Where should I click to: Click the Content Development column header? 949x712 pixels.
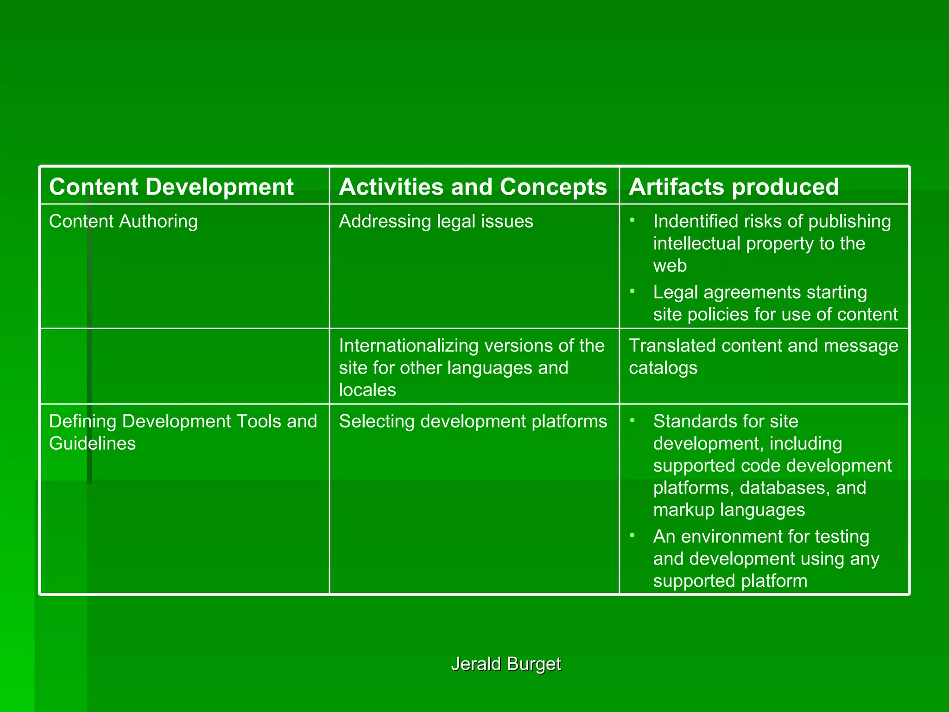pos(171,187)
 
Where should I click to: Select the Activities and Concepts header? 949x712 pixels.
pos(473,187)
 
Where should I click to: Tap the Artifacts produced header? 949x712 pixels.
pos(734,187)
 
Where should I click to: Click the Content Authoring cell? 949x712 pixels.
pos(123,221)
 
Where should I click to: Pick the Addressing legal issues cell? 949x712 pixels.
pos(436,221)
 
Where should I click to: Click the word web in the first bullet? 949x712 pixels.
pos(670,266)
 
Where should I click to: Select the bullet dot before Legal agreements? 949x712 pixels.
pos(632,292)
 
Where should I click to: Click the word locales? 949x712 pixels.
pos(367,390)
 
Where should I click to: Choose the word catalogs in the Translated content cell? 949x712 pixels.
pos(663,368)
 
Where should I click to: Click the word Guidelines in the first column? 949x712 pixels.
pos(92,443)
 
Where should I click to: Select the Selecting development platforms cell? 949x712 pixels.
pos(473,421)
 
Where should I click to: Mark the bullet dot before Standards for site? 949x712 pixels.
pos(632,420)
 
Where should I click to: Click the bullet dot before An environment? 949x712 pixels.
pos(632,536)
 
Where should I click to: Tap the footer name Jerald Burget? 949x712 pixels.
pos(506,664)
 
